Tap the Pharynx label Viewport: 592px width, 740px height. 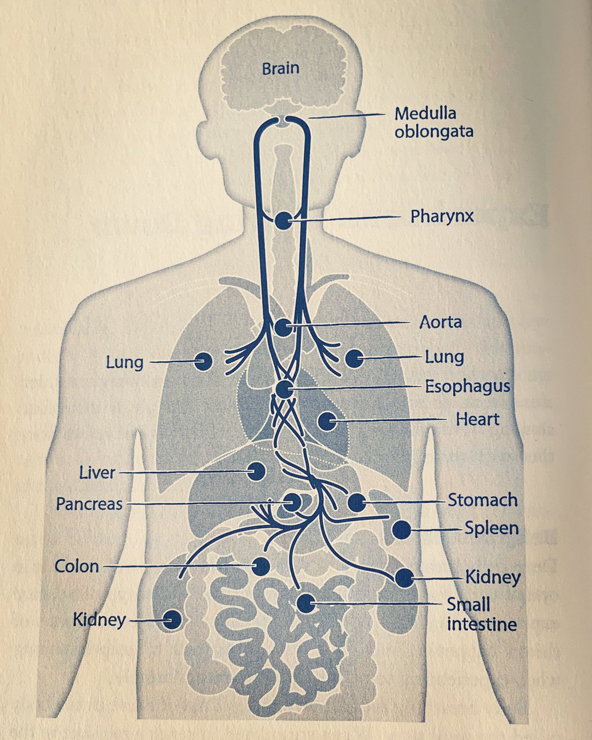click(442, 216)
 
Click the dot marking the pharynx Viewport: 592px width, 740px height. click(284, 221)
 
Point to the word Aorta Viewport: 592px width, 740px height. click(440, 322)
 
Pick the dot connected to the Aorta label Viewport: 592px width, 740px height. click(283, 327)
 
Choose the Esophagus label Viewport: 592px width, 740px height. click(467, 387)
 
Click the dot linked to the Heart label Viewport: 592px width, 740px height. click(326, 422)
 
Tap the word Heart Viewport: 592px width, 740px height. click(477, 420)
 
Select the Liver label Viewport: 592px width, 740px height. click(97, 473)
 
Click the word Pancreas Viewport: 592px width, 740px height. click(89, 504)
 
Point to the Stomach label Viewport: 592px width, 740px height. click(482, 499)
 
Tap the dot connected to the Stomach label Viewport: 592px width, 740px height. click(356, 502)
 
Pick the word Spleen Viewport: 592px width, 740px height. click(491, 528)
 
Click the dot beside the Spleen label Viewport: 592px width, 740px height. click(401, 529)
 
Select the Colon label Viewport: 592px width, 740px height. click(76, 565)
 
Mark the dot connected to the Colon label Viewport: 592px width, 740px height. click(260, 565)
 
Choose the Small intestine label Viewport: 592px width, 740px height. click(482, 614)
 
